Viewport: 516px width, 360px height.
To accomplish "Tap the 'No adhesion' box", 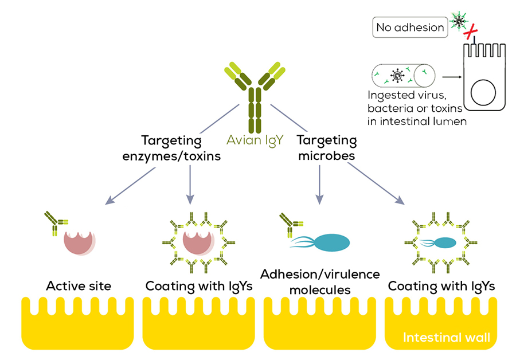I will click(x=410, y=27).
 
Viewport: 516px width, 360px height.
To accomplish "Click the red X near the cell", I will click(x=472, y=34).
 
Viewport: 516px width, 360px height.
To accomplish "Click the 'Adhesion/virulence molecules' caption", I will click(x=320, y=281).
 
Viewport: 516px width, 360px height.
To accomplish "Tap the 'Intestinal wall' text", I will click(x=446, y=337).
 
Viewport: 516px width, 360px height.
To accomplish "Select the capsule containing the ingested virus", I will click(x=403, y=75).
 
